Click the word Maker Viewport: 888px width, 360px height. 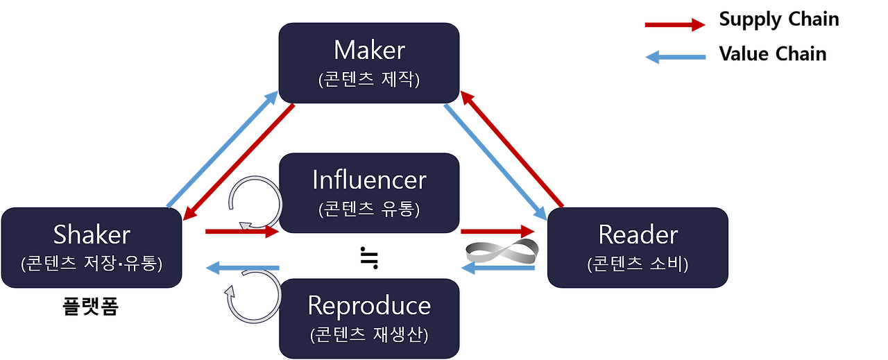[369, 50]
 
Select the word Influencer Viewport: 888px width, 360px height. [369, 180]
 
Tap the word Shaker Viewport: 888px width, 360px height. [92, 235]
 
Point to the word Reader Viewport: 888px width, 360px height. [638, 234]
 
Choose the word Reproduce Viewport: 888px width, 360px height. [369, 305]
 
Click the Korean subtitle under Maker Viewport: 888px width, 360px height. [369, 80]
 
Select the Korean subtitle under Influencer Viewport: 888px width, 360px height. [369, 209]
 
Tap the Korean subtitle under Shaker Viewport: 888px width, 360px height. [92, 264]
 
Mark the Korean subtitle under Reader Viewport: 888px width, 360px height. [638, 264]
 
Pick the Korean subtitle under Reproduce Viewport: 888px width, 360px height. [369, 334]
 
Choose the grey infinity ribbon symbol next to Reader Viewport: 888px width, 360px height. [502, 250]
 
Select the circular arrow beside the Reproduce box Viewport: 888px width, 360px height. [250, 297]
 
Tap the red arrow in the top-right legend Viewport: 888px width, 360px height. [675, 25]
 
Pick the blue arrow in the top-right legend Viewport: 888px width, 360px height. [675, 57]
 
